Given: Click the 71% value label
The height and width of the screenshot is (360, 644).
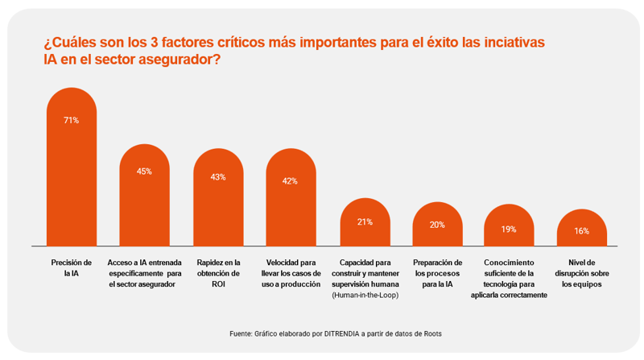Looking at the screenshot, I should coord(71,121).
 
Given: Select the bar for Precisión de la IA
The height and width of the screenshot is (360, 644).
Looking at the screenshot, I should coord(71,185).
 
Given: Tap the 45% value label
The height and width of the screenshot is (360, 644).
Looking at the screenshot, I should coord(144,172).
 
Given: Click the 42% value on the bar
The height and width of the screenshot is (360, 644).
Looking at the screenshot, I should coord(291,181).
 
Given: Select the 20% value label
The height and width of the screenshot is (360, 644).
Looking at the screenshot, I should coord(437,225).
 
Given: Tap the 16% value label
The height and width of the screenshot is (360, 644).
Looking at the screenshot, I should coord(581,231).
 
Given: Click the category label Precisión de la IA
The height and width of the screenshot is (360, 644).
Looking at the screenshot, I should coord(71,267).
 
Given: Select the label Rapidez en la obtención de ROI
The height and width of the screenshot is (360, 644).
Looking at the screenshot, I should coord(217,273).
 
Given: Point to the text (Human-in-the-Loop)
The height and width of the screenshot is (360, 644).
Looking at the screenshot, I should coord(365,295).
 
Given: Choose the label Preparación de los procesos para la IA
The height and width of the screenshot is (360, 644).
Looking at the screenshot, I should coord(437,273).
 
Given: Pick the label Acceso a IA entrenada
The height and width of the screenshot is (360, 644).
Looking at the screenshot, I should coord(145,263).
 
